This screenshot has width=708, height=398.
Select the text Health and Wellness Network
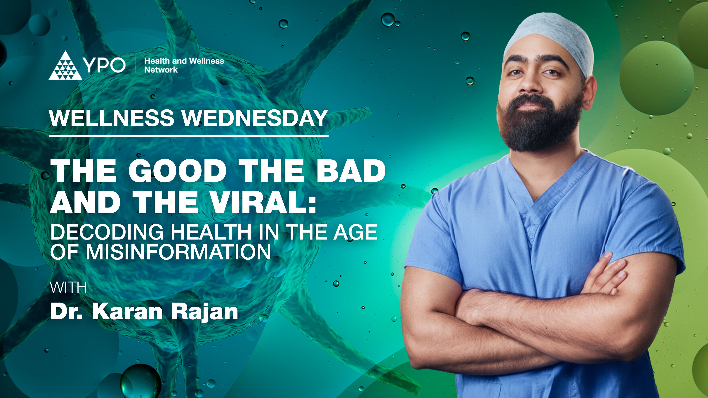184,65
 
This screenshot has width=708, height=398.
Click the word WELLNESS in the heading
112,118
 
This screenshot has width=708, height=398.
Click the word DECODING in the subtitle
107,232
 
